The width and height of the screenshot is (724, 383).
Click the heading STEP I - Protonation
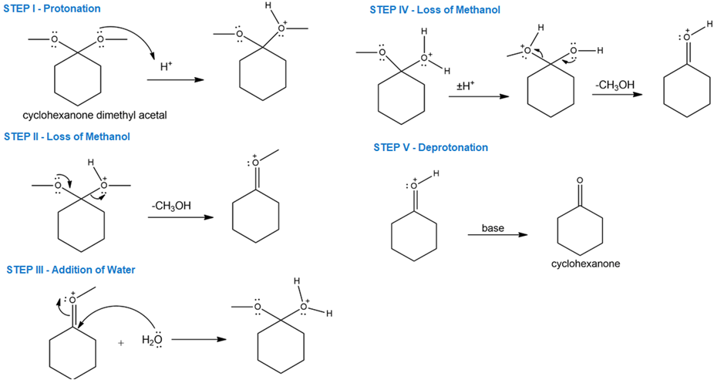pos(52,8)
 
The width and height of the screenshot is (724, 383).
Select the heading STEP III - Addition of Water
pos(71,270)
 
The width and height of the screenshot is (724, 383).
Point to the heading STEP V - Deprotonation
pos(430,147)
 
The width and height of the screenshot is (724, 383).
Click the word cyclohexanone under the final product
pos(586,264)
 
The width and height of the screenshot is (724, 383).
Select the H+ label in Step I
pos(166,67)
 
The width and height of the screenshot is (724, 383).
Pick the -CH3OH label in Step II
pos(171,206)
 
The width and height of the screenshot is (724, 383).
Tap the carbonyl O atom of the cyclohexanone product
pos(580,181)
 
